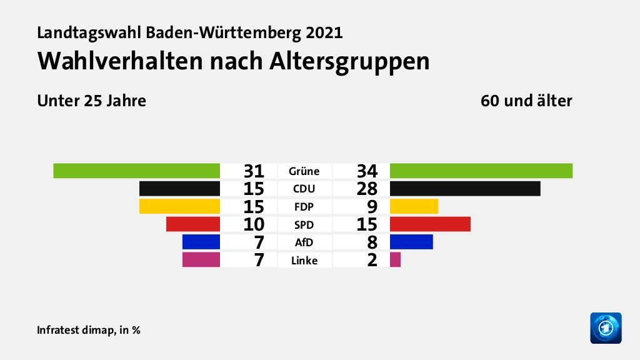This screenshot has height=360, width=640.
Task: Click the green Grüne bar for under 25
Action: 136,171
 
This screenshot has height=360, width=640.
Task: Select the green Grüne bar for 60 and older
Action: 481,171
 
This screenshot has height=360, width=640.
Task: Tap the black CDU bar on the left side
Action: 179,188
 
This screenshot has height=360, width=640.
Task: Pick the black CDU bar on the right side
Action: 464,188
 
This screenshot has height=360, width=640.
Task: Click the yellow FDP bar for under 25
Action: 179,206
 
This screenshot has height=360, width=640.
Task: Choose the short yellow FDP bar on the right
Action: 414,206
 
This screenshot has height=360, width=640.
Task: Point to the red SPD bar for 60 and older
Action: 429,224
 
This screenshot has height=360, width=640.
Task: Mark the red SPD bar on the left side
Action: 192,224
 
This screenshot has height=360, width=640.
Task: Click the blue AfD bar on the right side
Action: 411,242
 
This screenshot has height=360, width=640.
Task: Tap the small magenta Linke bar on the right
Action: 395,259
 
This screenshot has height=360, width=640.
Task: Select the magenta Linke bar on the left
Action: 201,259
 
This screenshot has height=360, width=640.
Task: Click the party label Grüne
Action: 304,171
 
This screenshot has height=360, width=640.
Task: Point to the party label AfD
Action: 304,242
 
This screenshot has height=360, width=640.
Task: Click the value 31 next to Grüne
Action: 254,171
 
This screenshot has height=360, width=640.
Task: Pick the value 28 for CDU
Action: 367,188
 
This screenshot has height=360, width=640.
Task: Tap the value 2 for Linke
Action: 372,260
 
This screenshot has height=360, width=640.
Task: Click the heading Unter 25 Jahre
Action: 91,101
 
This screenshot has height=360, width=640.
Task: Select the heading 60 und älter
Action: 526,101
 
